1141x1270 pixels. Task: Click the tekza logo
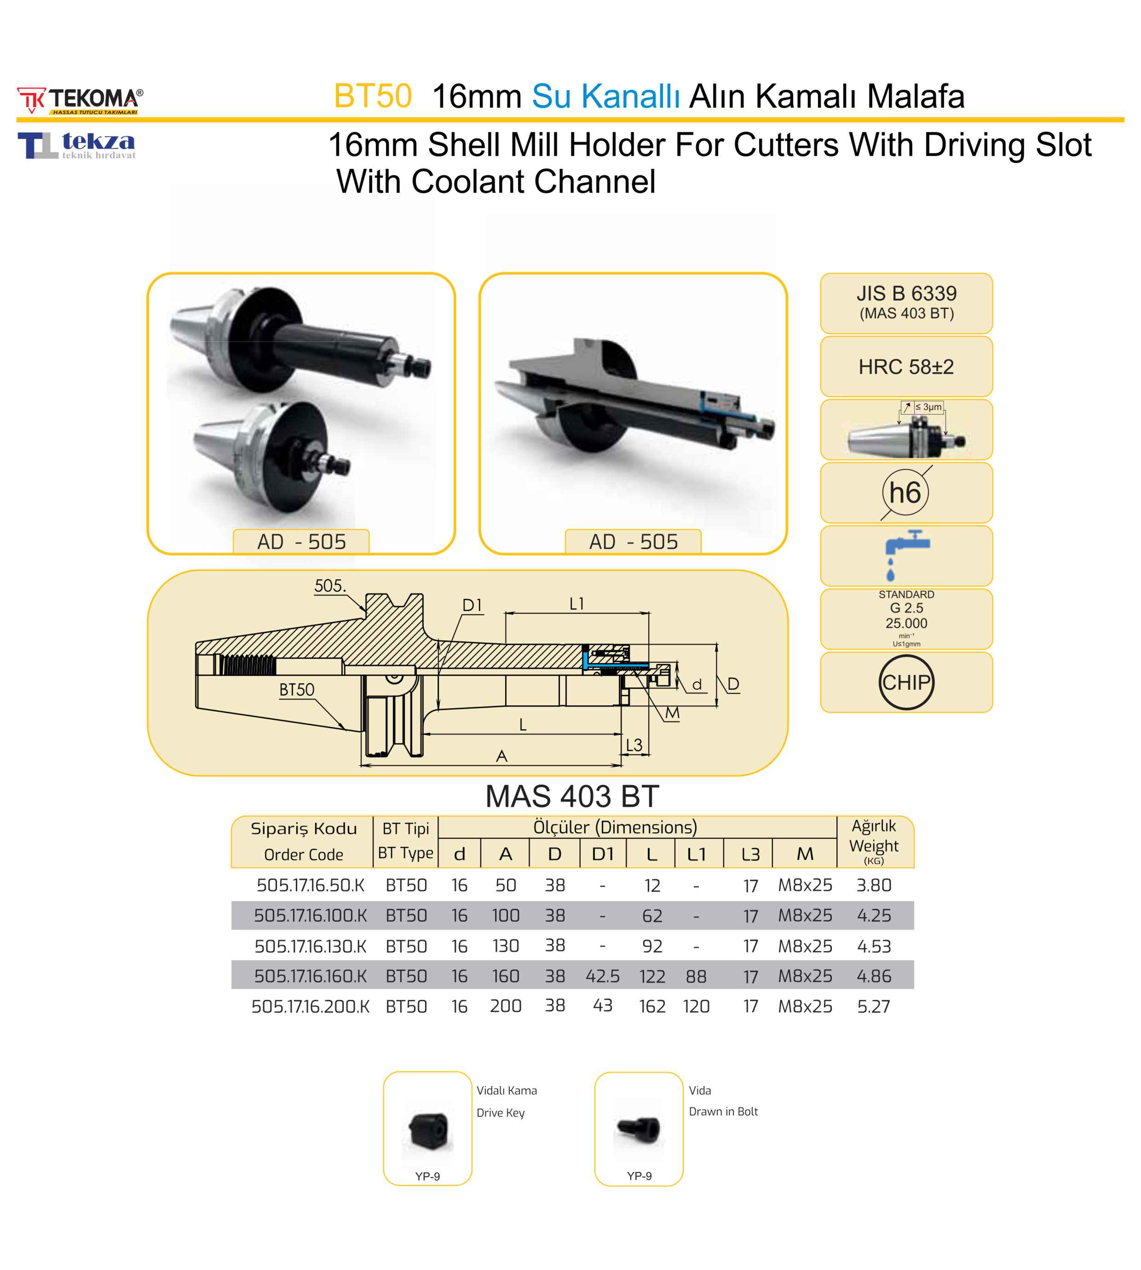click(x=76, y=145)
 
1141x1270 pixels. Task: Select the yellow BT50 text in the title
click(x=372, y=97)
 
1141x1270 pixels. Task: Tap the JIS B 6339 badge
click(x=906, y=302)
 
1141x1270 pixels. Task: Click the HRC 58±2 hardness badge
click(x=906, y=367)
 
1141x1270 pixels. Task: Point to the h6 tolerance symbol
click(x=905, y=493)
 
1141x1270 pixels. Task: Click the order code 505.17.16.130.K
click(x=311, y=946)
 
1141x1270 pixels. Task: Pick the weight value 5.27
click(x=873, y=1006)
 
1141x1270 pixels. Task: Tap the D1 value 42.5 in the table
click(x=602, y=976)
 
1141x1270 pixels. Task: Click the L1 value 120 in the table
click(x=696, y=1006)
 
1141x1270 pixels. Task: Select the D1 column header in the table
click(x=602, y=854)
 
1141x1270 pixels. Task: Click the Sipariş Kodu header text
click(x=304, y=829)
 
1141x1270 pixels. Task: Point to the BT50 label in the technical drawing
click(x=297, y=690)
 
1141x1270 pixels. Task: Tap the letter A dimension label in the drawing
click(x=501, y=756)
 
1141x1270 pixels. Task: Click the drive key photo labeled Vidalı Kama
click(x=429, y=1130)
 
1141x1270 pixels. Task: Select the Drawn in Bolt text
click(x=723, y=1111)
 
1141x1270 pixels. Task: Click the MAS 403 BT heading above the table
click(x=572, y=797)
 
